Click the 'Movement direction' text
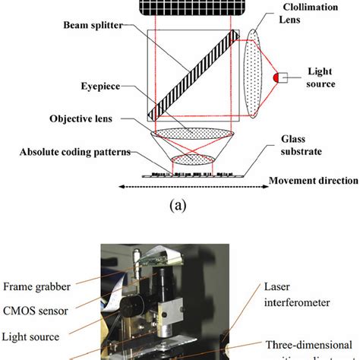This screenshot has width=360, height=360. (312, 180)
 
